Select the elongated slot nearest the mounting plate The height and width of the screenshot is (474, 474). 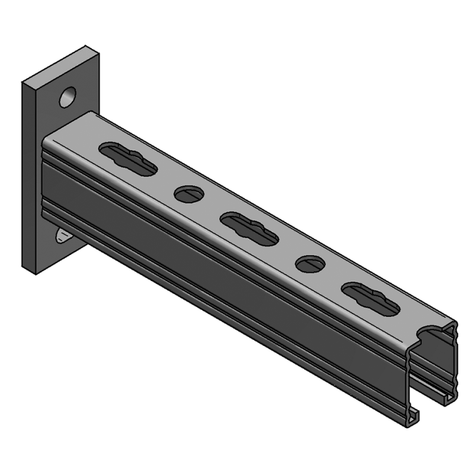pyautogui.click(x=128, y=159)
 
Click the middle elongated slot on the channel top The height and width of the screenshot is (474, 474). pyautogui.click(x=249, y=228)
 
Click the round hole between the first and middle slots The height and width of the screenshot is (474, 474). pyautogui.click(x=188, y=193)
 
